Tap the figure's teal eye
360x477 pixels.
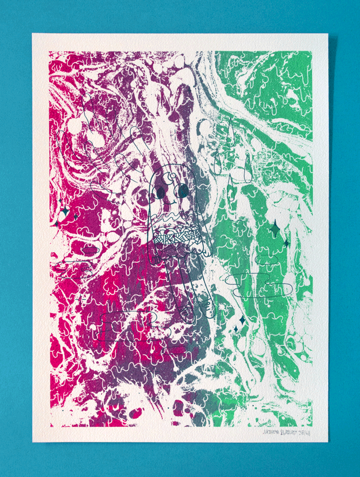tap(182, 190)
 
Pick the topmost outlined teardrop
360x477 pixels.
tap(231, 132)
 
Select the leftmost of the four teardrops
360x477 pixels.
tap(218, 162)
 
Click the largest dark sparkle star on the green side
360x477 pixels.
tap(274, 230)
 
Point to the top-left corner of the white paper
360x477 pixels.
tap(32, 34)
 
